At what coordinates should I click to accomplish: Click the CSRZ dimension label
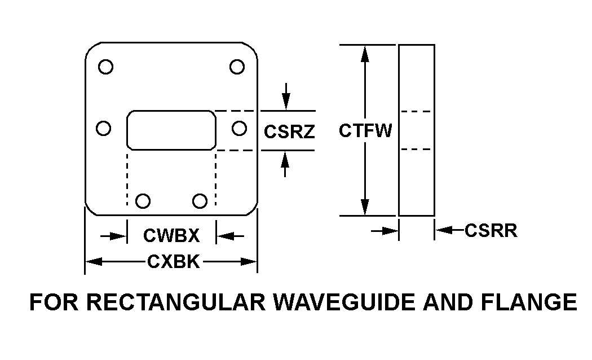(289, 131)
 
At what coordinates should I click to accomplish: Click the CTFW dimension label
(365, 131)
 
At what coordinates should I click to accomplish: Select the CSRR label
(491, 230)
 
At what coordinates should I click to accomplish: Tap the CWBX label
(171, 235)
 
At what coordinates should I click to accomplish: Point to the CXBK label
(173, 261)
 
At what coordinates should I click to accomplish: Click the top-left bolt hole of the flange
(105, 67)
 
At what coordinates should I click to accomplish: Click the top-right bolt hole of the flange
(237, 67)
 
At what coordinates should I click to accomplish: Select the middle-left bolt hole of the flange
(103, 129)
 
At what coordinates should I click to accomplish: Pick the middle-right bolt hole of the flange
(239, 129)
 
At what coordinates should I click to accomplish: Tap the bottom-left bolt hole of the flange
(144, 200)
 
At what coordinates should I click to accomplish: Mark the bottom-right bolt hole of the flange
(200, 200)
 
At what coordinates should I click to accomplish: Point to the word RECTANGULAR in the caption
(178, 302)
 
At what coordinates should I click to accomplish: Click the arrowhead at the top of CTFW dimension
(365, 54)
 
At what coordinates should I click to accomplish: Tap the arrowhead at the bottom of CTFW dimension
(365, 207)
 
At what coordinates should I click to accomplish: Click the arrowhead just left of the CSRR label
(443, 230)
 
